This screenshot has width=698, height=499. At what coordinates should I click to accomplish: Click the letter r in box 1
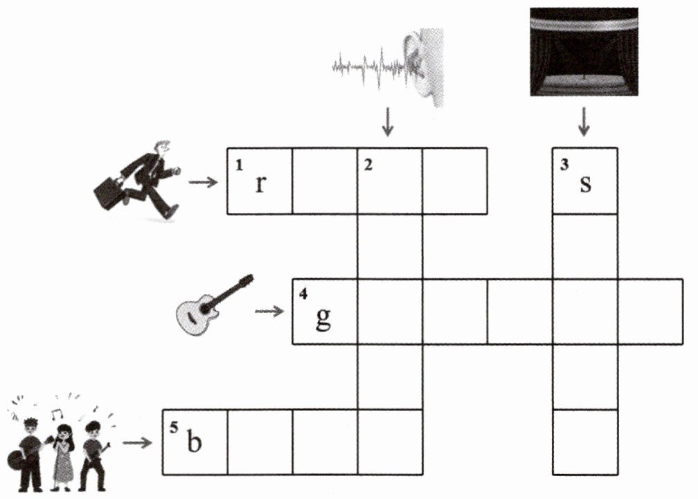pos(261,184)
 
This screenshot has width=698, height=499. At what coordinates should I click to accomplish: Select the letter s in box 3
pos(585,184)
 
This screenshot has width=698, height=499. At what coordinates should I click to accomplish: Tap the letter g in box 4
pos(323,318)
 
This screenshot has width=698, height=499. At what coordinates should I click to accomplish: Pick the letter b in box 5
pos(194,441)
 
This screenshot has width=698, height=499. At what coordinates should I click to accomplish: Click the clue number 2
pos(368,165)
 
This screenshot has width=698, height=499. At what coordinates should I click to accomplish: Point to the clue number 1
pos(239,165)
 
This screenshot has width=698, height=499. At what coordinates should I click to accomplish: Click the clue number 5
pos(174,428)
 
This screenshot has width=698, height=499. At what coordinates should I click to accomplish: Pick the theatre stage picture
pos(584,52)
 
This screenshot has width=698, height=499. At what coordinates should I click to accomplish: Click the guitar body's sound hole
pos(206,308)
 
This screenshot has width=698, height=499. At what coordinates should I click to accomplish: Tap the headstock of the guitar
pos(246,281)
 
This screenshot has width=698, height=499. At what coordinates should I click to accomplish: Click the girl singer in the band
pos(63,458)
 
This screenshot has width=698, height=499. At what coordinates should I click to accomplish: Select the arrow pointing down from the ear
pos(388,121)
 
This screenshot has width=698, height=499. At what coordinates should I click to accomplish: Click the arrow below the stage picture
pos(584,121)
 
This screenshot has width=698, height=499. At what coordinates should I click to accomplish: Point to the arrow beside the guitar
pos(270,311)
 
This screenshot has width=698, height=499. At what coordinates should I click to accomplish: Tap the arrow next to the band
pos(138,443)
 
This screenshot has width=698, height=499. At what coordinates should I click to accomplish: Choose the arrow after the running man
pos(203,182)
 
